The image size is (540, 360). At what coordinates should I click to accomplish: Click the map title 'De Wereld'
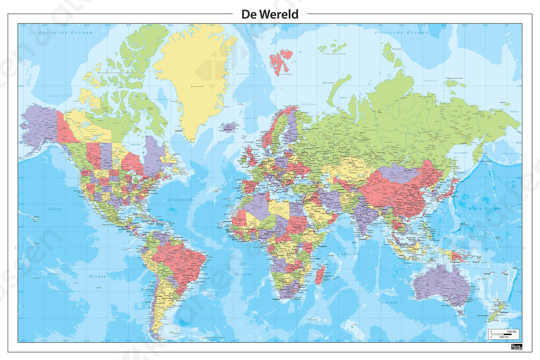tap(270, 14)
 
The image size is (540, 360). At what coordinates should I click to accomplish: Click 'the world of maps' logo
tap(516, 347)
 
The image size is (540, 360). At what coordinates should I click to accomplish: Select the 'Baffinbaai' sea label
tap(162, 99)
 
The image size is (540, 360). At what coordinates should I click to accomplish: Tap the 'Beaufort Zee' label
tap(60, 96)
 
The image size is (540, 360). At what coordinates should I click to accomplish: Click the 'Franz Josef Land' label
tap(334, 54)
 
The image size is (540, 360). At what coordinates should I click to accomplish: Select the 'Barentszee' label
tap(309, 104)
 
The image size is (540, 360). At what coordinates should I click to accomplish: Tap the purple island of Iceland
tap(228, 127)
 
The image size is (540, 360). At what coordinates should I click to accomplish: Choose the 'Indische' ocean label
tap(348, 254)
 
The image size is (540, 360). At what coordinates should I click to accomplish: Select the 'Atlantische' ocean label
tap(181, 200)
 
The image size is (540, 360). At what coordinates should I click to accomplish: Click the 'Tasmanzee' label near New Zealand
tap(482, 299)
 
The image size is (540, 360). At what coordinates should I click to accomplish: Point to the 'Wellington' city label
tap(504, 312)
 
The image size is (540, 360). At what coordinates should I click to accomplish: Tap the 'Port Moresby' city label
tap(455, 262)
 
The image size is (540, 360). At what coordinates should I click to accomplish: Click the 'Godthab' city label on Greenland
tap(179, 131)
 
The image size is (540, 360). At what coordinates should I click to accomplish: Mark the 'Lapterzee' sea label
tap(430, 81)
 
